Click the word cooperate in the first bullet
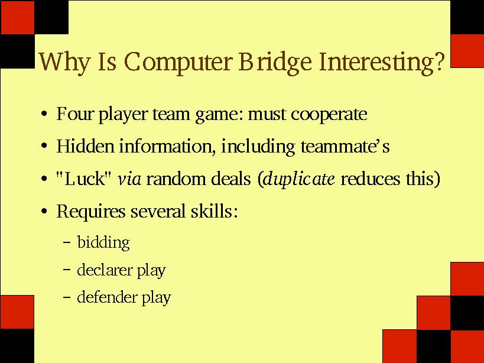pyautogui.click(x=329, y=115)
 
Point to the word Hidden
pyautogui.click(x=85, y=145)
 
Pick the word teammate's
pyautogui.click(x=345, y=146)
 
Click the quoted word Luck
pyautogui.click(x=83, y=179)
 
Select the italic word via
pyautogui.click(x=129, y=179)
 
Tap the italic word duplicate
pyautogui.click(x=299, y=179)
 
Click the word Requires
pyautogui.click(x=91, y=212)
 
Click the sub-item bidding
pyautogui.click(x=103, y=242)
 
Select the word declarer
pyautogui.click(x=105, y=270)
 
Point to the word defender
pyautogui.click(x=107, y=297)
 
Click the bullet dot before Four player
pyautogui.click(x=44, y=114)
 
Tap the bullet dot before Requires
pyautogui.click(x=44, y=211)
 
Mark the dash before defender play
pyautogui.click(x=67, y=297)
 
